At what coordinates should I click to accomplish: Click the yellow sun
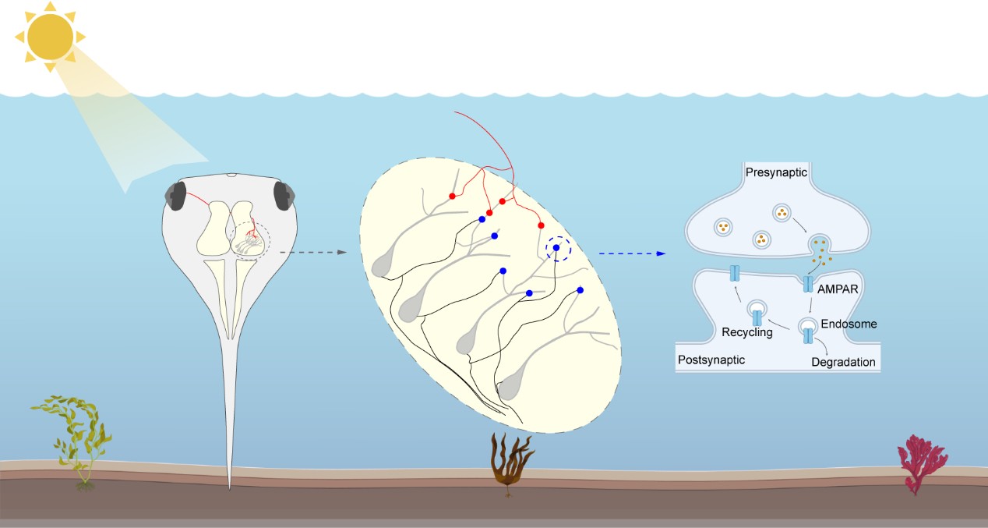coord(50,36)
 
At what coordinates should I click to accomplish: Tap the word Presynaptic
coord(775,172)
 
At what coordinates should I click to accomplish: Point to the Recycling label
coord(746,333)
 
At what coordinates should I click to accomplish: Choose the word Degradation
coord(843,362)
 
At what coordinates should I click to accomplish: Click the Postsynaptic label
coord(711,360)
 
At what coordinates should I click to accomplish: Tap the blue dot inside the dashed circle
coord(556,248)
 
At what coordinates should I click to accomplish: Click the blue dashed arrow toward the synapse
coord(631,253)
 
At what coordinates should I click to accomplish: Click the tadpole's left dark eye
coord(178,196)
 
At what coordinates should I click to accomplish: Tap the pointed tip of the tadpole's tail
coord(229,487)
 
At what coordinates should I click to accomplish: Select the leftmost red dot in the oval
coord(452,196)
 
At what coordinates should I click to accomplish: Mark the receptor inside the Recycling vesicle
coord(757,318)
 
